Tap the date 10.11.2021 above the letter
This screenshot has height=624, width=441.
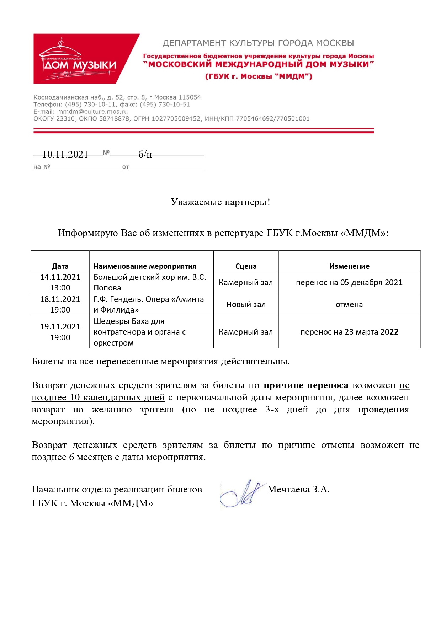(x=65, y=154)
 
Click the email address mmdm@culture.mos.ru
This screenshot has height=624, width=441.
(x=92, y=111)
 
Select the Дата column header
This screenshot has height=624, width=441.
(x=60, y=266)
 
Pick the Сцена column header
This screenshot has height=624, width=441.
(x=246, y=266)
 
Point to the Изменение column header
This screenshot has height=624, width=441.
(x=349, y=266)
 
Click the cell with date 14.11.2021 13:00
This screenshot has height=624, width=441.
(x=60, y=282)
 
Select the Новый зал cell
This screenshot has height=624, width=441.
(x=246, y=304)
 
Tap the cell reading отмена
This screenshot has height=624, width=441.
(x=349, y=304)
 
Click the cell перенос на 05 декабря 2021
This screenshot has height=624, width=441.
(x=349, y=282)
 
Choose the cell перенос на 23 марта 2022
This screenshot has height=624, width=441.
(x=349, y=332)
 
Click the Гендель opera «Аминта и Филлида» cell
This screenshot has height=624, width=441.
(x=149, y=304)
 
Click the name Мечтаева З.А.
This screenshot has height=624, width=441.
(x=298, y=489)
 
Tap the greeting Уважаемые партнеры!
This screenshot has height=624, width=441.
(x=220, y=202)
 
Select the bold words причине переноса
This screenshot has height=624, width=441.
(x=306, y=385)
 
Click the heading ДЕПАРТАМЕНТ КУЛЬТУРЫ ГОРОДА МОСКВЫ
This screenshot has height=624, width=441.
(x=258, y=43)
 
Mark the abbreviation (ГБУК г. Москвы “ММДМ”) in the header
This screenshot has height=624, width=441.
(x=259, y=76)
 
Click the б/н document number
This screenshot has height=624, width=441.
(x=145, y=154)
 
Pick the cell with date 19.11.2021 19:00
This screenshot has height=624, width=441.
(x=60, y=332)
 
